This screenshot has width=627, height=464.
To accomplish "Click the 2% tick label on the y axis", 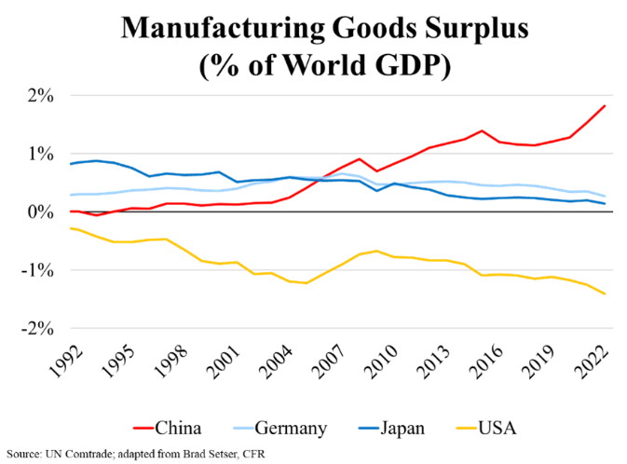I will [x=43, y=95].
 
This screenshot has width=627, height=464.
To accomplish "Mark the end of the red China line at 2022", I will [x=606, y=105].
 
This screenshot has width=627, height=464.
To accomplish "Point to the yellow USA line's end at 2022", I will [x=606, y=294].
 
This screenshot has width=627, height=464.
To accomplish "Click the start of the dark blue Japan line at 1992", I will [x=71, y=164].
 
